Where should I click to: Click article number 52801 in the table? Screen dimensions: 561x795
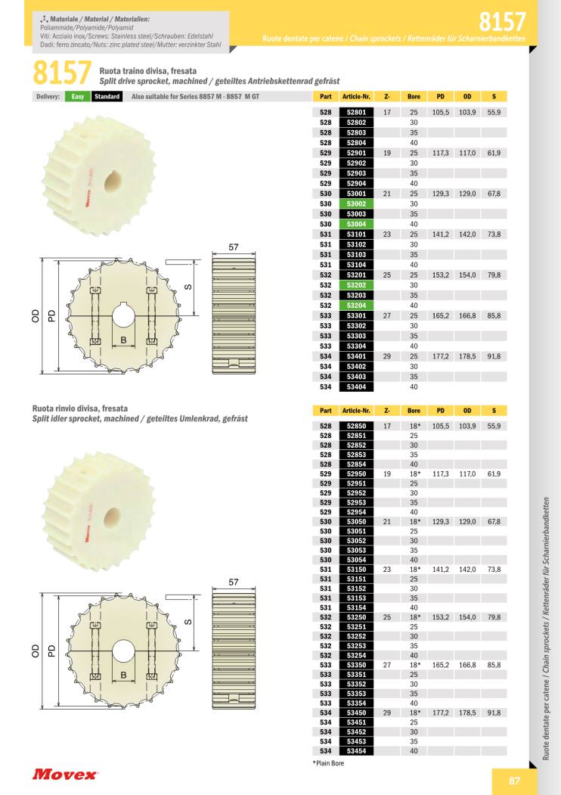pos(356,112)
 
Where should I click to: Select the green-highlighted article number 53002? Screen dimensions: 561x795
pos(356,203)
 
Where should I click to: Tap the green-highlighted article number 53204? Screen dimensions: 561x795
pos(356,306)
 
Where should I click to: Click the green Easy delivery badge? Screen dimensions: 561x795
pos(78,96)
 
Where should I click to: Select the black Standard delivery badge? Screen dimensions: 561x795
pos(107,96)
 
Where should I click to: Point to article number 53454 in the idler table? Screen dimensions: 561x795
pos(356,751)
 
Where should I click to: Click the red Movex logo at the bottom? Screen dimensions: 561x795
pos(64,775)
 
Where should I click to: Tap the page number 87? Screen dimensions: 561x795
pos(514,781)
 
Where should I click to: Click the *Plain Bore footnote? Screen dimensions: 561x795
pos(328,763)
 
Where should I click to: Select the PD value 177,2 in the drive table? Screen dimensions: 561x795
pos(440,356)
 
